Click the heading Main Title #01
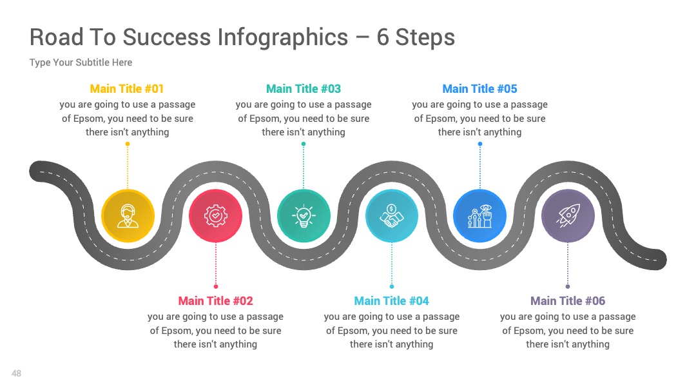click(x=127, y=89)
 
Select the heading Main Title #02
click(x=215, y=301)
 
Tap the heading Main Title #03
click(x=304, y=89)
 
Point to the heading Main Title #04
click(x=392, y=301)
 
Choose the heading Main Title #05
click(x=480, y=89)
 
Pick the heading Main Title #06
click(x=568, y=301)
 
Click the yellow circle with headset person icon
click(x=128, y=216)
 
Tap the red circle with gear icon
click(x=216, y=216)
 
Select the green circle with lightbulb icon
click(x=304, y=216)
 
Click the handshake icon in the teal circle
click(x=392, y=216)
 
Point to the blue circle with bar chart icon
click(x=480, y=216)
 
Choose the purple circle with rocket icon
click(x=568, y=216)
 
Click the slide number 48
click(x=16, y=373)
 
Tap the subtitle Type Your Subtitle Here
click(x=81, y=63)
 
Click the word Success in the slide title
click(x=166, y=37)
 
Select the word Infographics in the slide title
click(x=283, y=38)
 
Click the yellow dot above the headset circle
click(x=128, y=144)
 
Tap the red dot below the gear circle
click(x=216, y=286)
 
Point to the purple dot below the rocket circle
click(x=568, y=286)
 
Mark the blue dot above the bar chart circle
click(x=480, y=144)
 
